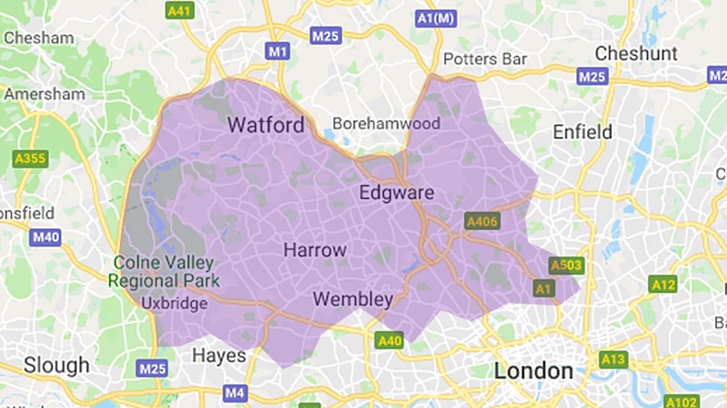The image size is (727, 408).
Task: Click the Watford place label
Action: point(266,124)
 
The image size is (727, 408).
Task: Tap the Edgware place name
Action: point(396,192)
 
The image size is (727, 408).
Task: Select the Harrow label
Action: point(315,250)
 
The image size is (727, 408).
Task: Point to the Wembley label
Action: point(353,299)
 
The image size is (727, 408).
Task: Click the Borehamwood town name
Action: point(386,124)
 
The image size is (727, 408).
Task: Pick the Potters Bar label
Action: point(484,59)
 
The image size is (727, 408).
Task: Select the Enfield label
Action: point(582,132)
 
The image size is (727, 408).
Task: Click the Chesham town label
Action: point(39,37)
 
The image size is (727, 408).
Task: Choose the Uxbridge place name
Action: point(174,304)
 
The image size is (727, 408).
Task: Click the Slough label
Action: point(56,364)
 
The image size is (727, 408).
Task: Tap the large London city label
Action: point(534,370)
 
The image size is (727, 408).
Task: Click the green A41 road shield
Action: point(180,11)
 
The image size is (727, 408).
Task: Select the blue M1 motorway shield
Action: point(277,52)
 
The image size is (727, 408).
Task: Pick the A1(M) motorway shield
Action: point(435,17)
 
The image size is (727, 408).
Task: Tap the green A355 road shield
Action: point(29,158)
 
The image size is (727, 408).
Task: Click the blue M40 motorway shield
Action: point(46,237)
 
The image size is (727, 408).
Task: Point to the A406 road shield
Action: point(483,222)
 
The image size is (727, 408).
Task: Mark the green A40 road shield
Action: point(389,340)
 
